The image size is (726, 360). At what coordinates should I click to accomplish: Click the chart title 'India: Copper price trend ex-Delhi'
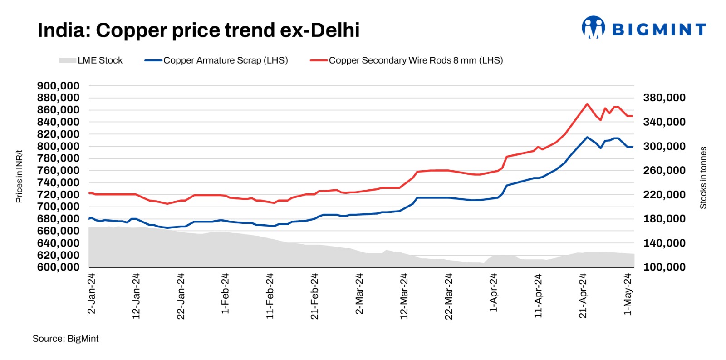click(198, 30)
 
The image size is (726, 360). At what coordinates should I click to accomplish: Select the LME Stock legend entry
click(91, 60)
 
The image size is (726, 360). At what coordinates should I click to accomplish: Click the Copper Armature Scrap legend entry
click(216, 60)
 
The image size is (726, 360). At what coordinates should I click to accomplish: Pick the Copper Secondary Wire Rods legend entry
click(406, 60)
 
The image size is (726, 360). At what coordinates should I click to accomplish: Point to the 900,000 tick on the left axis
click(58, 86)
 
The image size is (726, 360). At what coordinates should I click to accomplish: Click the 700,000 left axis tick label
click(58, 207)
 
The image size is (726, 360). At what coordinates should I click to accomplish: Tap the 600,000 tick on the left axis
click(58, 267)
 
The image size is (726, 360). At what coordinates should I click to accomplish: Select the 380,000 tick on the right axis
click(664, 98)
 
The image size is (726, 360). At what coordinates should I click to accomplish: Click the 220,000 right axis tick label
click(664, 195)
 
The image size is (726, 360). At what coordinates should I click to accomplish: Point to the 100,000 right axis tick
click(664, 267)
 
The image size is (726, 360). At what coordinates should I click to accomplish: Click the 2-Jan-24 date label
click(91, 293)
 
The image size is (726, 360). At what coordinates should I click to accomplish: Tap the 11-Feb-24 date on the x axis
click(270, 296)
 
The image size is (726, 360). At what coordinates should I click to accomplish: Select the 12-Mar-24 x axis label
click(404, 296)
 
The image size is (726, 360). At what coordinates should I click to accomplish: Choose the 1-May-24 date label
click(628, 294)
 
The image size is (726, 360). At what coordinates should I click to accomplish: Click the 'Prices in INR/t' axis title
click(19, 176)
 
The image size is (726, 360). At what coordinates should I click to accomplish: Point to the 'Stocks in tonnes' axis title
click(703, 178)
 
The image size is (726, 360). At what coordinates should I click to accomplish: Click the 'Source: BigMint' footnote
click(65, 339)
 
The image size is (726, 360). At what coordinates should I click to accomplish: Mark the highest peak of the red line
click(587, 104)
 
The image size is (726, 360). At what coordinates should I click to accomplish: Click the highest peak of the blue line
click(587, 137)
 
